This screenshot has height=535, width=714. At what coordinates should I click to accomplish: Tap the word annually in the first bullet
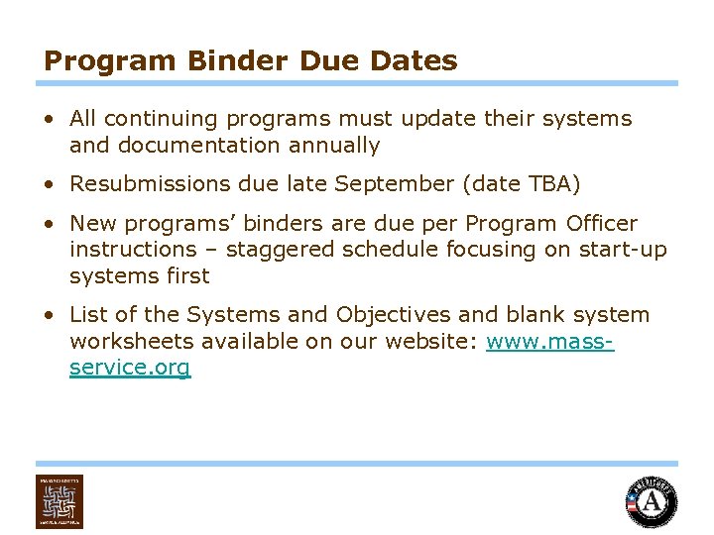(334, 146)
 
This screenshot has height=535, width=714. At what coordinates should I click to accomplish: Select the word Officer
(600, 224)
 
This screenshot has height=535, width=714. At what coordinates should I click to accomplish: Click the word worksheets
(132, 342)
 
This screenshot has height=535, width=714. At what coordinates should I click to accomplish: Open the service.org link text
(130, 369)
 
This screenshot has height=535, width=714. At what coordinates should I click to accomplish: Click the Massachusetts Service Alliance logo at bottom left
(59, 501)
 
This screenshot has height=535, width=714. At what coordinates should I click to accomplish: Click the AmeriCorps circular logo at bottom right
(651, 501)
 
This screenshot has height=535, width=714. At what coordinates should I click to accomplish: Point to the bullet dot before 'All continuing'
(49, 120)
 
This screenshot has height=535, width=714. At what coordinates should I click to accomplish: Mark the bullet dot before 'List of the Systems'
(49, 316)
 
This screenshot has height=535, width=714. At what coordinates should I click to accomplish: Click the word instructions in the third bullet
(133, 250)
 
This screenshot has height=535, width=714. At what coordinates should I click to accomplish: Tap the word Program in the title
(95, 61)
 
